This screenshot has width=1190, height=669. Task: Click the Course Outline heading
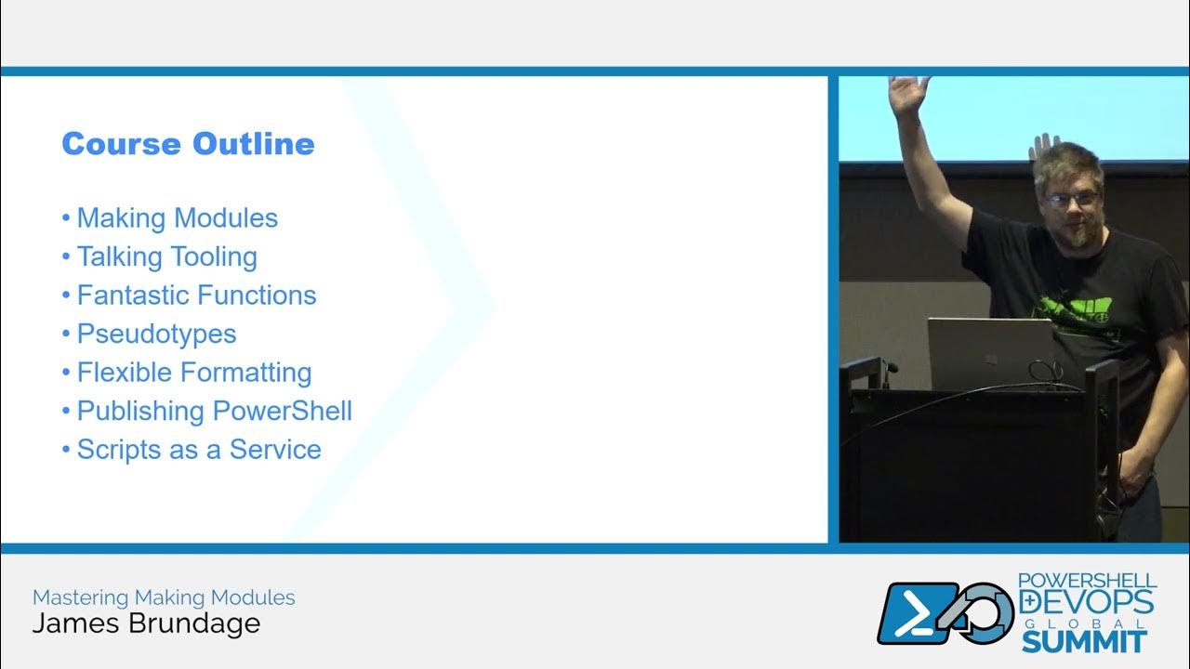coord(188,144)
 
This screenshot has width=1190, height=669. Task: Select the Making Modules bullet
coord(177,218)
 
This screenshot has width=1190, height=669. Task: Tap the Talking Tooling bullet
coord(166,256)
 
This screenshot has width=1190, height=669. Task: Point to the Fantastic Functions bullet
coord(196,295)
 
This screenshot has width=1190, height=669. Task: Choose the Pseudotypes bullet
coord(156,334)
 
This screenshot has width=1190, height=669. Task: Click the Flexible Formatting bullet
coord(193,373)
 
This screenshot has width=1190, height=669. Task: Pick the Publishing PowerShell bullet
coord(214,411)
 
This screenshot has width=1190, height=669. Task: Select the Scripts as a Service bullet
coord(198,450)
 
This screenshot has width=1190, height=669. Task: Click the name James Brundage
coord(146,623)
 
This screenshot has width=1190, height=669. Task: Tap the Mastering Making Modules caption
coord(164,597)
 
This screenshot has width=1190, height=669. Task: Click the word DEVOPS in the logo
coord(1087,602)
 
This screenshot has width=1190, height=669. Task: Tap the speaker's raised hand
coord(908,96)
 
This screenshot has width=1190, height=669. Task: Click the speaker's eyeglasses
coord(1070,198)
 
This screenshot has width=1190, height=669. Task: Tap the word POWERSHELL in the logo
coord(1086,581)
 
